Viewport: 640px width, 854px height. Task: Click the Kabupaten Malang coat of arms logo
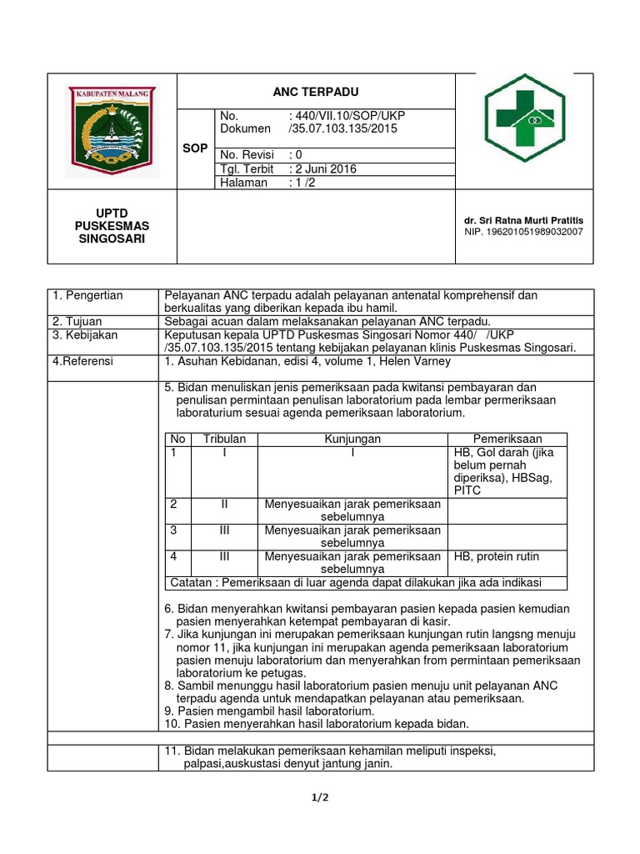coord(111,130)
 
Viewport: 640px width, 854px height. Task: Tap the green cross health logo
coord(526,118)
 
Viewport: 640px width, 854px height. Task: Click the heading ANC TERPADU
coord(316,92)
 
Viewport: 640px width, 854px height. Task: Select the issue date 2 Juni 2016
coord(322,168)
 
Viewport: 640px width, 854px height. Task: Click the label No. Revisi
coord(247,154)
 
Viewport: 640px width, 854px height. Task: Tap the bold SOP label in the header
coord(196,148)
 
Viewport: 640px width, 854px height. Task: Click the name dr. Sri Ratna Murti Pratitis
coord(524,220)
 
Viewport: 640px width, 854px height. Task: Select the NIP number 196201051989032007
coord(523,232)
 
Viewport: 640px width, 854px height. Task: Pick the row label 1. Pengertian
coord(87,295)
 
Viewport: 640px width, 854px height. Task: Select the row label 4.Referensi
coord(82,361)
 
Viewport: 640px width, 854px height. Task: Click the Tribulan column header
coord(225,439)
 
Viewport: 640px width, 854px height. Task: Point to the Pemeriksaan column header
coord(507,439)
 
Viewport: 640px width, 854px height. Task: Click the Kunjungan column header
coord(352,439)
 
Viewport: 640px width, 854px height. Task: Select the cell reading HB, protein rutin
coord(497,556)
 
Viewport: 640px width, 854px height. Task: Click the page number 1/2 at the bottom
coord(320,797)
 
